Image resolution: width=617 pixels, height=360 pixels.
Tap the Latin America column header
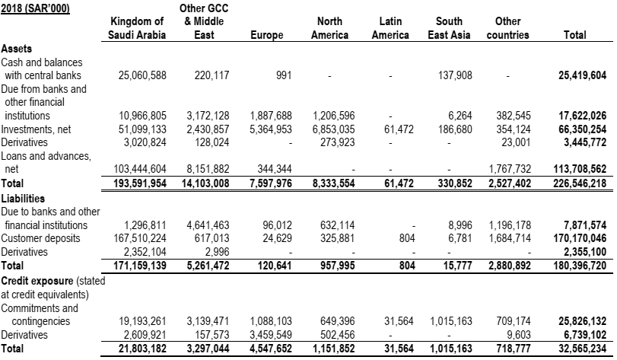390,29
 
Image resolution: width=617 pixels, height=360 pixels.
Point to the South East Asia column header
450,29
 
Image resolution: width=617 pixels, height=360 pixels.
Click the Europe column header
266,35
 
